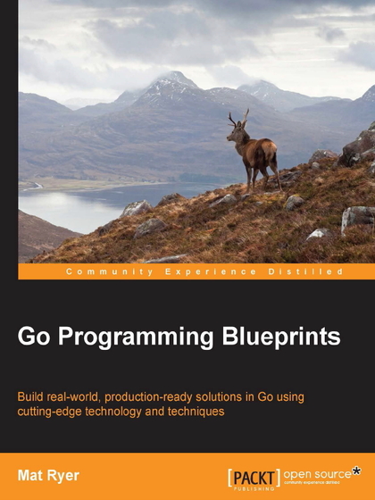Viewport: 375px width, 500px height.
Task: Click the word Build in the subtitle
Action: [32, 396]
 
